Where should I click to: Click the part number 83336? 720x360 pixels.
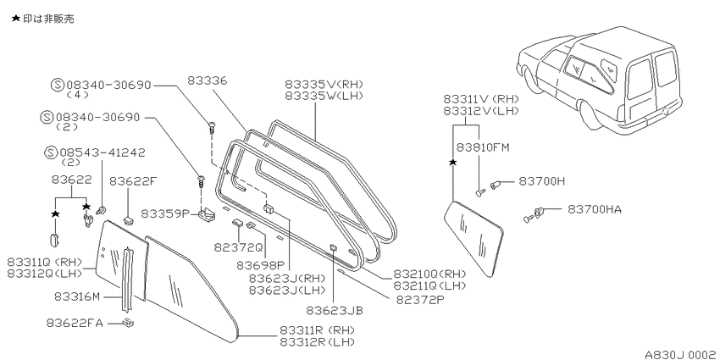pyautogui.click(x=207, y=80)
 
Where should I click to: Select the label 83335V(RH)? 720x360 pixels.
pyautogui.click(x=324, y=85)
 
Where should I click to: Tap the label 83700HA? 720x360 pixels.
pyautogui.click(x=595, y=209)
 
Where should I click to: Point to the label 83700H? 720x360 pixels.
pyautogui.click(x=542, y=181)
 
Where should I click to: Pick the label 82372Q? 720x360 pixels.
pyautogui.click(x=238, y=247)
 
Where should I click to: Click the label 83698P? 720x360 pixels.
pyautogui.click(x=260, y=265)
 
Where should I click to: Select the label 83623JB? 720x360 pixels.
pyautogui.click(x=335, y=310)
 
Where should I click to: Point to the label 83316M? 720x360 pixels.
pyautogui.click(x=77, y=296)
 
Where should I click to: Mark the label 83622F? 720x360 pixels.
pyautogui.click(x=134, y=181)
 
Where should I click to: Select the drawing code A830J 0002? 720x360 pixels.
pyautogui.click(x=680, y=354)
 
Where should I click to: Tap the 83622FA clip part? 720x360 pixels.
pyautogui.click(x=128, y=323)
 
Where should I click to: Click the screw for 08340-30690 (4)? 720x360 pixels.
pyautogui.click(x=212, y=126)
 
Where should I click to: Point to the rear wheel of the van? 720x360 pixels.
pyautogui.click(x=590, y=117)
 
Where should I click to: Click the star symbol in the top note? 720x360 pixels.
pyautogui.click(x=15, y=19)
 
